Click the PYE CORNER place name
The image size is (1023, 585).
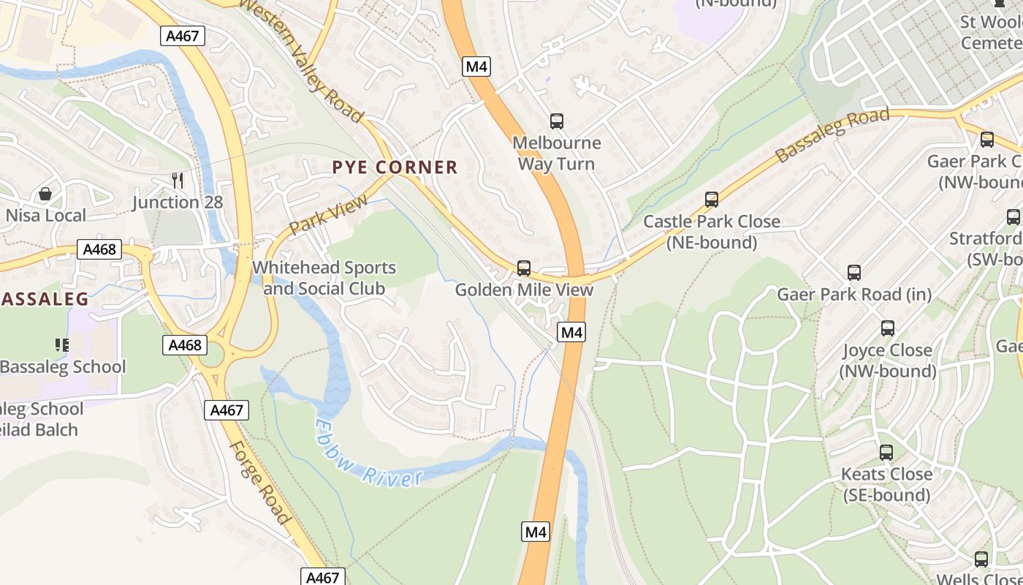tap(395, 167)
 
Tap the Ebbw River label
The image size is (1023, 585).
tap(369, 453)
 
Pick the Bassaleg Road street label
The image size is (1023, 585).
tap(832, 135)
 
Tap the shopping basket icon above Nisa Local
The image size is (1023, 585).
tap(45, 194)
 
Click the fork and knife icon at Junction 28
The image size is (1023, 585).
tap(177, 180)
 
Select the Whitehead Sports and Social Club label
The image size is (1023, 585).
tap(324, 278)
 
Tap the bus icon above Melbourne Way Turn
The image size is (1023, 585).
tap(557, 121)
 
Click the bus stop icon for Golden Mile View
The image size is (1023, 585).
tap(524, 268)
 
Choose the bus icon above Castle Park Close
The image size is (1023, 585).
tap(711, 200)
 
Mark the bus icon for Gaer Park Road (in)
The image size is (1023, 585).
tap(854, 273)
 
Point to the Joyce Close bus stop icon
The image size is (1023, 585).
tap(888, 328)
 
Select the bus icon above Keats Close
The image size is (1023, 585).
tap(886, 453)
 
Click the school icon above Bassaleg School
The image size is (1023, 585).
tap(62, 344)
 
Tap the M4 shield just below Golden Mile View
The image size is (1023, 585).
tap(571, 333)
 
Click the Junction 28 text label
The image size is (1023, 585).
tap(178, 203)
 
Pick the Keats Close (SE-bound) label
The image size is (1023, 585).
tap(886, 485)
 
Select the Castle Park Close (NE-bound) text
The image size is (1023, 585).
tap(712, 232)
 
